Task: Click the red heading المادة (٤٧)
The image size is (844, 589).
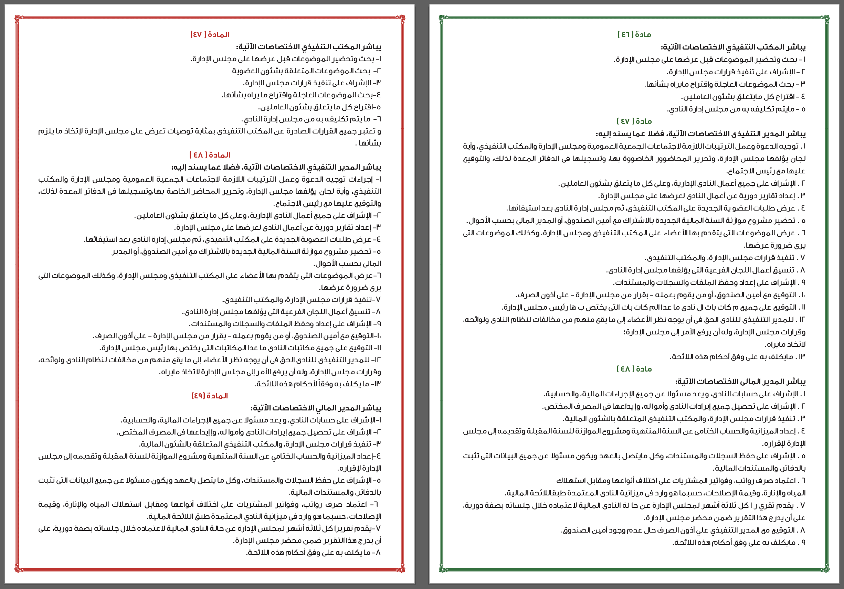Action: pos(210,34)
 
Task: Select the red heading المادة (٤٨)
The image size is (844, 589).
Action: pos(210,155)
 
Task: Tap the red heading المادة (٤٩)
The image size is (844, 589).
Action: pos(210,396)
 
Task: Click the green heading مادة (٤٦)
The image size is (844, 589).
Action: pos(634,34)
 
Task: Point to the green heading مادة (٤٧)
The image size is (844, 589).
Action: pos(634,121)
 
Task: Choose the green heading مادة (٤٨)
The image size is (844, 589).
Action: pos(634,369)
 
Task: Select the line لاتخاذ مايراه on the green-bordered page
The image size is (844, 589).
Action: pos(785,345)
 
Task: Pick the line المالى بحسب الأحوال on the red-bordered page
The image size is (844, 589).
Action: pos(347,264)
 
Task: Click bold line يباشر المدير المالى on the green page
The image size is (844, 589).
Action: pos(740,382)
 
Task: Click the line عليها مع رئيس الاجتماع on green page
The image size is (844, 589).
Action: pos(766,171)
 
